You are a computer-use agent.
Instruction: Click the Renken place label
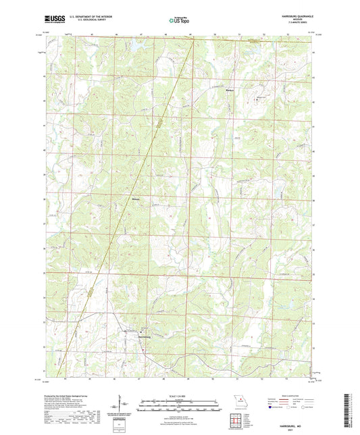pos(228,88)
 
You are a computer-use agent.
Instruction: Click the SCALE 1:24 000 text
pos(180,396)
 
